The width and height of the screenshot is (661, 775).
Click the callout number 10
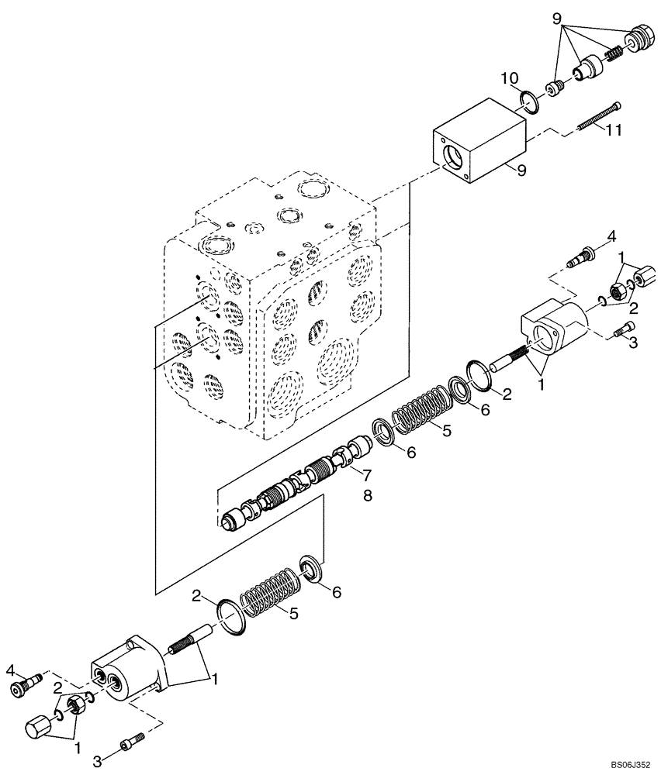click(x=509, y=79)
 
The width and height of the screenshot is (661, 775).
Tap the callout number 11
click(x=613, y=131)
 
